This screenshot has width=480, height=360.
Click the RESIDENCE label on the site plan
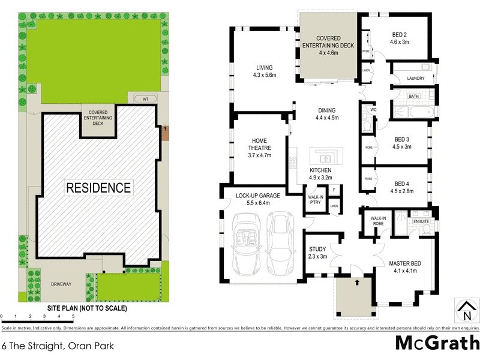(98, 187)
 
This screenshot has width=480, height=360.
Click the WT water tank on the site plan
(145, 99)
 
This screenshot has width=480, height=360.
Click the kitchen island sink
(323, 158)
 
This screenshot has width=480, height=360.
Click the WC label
(373, 110)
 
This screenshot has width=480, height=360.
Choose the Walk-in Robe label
(378, 221)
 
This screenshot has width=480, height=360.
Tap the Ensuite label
(421, 222)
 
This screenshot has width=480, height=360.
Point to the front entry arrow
(357, 281)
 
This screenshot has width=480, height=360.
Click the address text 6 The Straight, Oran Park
(49, 346)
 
